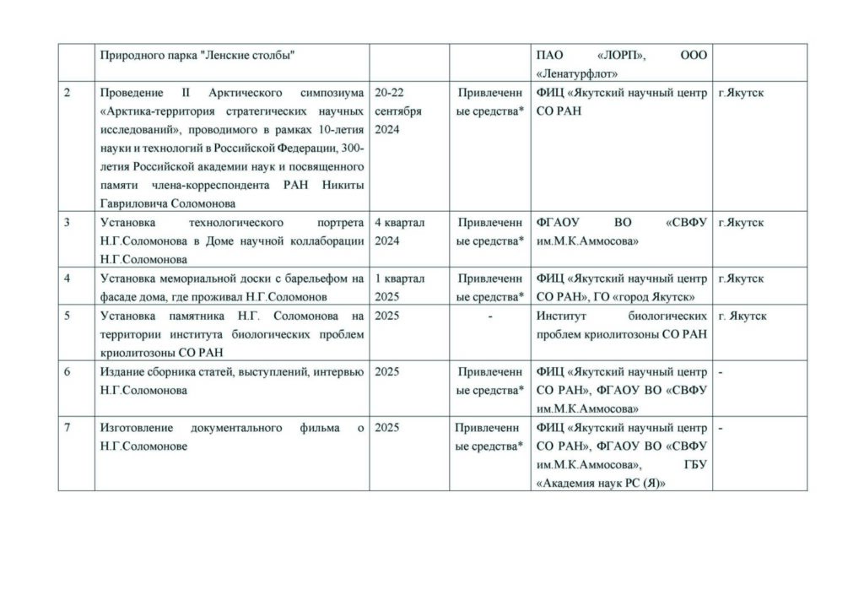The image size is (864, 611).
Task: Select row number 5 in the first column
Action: [x=67, y=316]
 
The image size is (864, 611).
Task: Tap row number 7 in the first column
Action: [x=67, y=428]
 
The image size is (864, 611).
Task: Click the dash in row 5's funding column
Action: [x=489, y=316]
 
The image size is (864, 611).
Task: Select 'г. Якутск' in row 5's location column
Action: [x=742, y=316]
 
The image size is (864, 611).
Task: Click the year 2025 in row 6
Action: [x=387, y=371]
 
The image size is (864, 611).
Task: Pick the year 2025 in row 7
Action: [x=387, y=428]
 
